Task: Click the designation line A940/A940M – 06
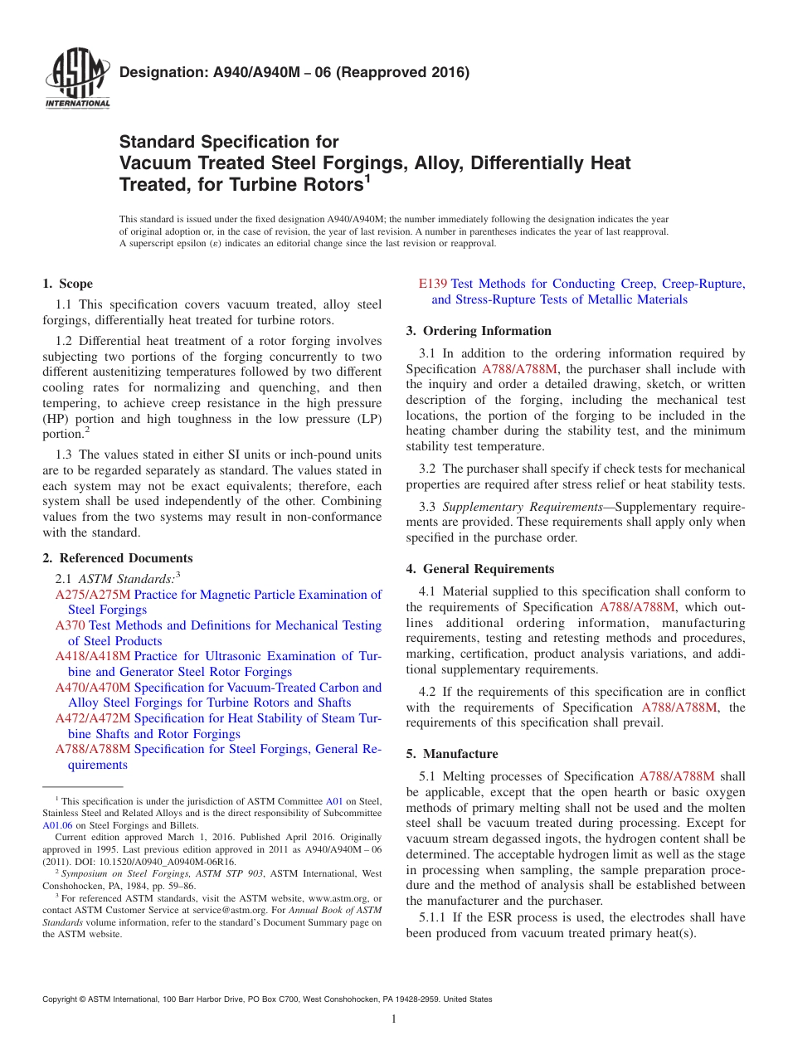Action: (294, 72)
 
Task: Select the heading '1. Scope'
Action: (68, 284)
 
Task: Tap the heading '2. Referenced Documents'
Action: (118, 558)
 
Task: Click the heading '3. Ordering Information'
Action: (479, 331)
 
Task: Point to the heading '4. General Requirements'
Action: (479, 569)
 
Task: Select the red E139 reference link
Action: (434, 284)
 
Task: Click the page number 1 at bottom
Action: (394, 1019)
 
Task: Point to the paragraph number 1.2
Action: (66, 341)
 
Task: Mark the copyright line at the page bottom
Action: (267, 999)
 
